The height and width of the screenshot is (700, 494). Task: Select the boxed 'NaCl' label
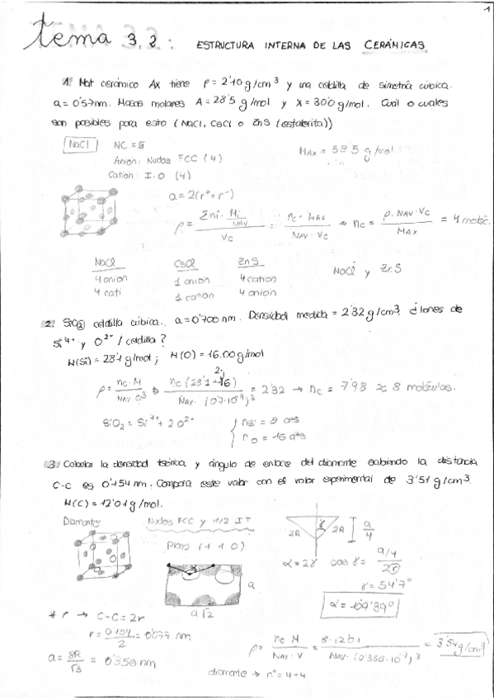pos(80,144)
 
